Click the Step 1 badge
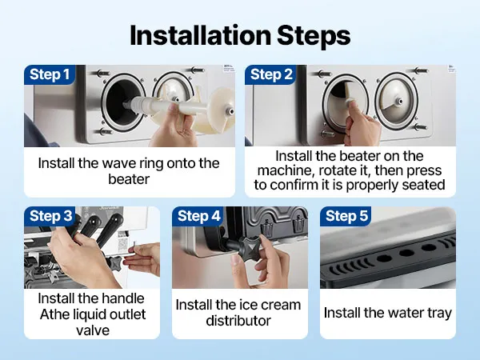[x=50, y=74]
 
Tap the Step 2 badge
[x=270, y=74]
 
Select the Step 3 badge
[x=50, y=216]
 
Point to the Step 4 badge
[x=198, y=216]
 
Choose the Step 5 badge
[x=346, y=216]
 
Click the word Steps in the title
[x=314, y=37]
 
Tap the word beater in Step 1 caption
[x=129, y=179]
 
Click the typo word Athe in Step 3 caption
[x=54, y=314]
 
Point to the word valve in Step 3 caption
[x=93, y=330]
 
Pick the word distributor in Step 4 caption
[x=238, y=321]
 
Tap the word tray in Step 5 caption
[x=439, y=314]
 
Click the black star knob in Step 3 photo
[x=115, y=263]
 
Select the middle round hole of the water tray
[x=406, y=253]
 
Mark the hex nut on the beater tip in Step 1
[x=229, y=110]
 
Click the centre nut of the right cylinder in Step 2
[x=399, y=101]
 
